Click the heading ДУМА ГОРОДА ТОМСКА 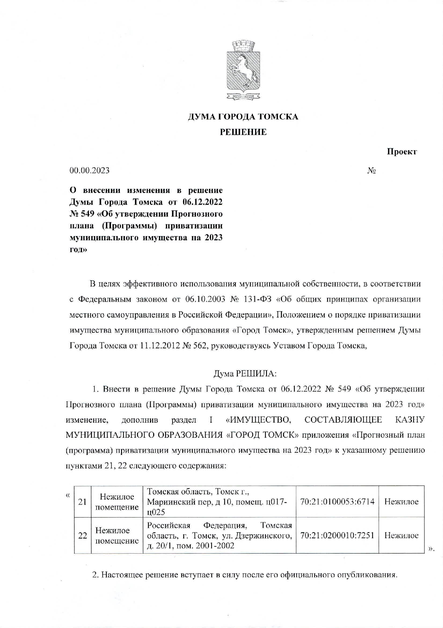pyautogui.click(x=243, y=117)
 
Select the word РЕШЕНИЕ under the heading pyautogui.click(x=243, y=132)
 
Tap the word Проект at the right pyautogui.click(x=401, y=152)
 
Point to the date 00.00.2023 pyautogui.click(x=89, y=170)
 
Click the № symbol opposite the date pyautogui.click(x=371, y=171)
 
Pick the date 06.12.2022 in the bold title pyautogui.click(x=202, y=202)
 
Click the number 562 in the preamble pyautogui.click(x=200, y=346)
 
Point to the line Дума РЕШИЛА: pyautogui.click(x=245, y=373)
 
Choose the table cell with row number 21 pyautogui.click(x=83, y=501)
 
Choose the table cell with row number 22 pyautogui.click(x=83, y=535)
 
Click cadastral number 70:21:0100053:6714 pyautogui.click(x=337, y=501)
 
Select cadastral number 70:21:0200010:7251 pyautogui.click(x=337, y=535)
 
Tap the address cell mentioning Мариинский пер pyautogui.click(x=219, y=501)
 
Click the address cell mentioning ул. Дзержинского pyautogui.click(x=219, y=535)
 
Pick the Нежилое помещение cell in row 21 pyautogui.click(x=117, y=501)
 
